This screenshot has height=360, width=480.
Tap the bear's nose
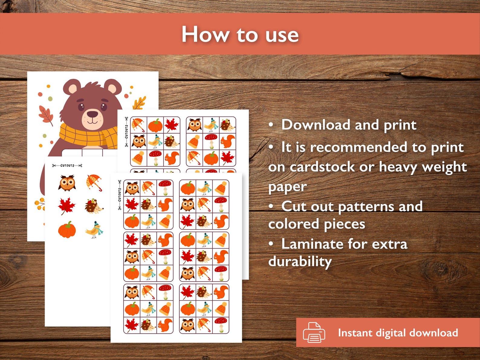pos(92,114)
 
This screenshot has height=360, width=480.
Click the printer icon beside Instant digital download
pos(314,332)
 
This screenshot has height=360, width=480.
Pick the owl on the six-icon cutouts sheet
pos(67,183)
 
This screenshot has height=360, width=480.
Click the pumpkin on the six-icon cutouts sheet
pos(67,230)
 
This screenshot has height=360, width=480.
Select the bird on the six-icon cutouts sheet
pos(94,230)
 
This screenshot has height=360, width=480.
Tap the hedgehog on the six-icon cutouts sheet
pos(94,206)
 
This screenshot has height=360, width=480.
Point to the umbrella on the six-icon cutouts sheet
pos(94,182)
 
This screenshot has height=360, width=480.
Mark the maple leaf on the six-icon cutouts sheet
pos(66,206)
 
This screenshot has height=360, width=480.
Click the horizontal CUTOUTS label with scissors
pos(67,165)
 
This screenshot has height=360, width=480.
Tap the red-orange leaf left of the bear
pos(46,115)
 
